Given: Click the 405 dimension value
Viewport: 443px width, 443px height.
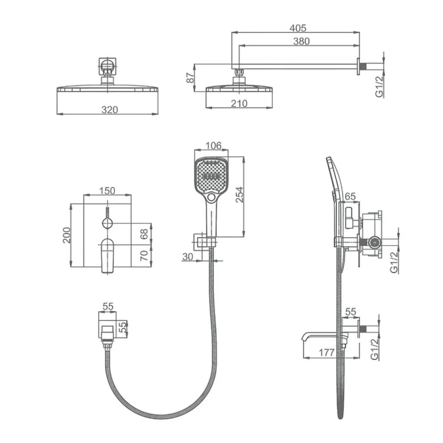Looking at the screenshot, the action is pyautogui.click(x=298, y=28).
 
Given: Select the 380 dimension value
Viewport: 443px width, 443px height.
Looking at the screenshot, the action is pyautogui.click(x=301, y=41).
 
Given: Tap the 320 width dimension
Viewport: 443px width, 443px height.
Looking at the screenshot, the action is pyautogui.click(x=109, y=110).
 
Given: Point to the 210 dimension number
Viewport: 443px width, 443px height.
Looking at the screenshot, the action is pyautogui.click(x=239, y=103).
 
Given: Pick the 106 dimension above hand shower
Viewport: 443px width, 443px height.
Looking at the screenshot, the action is pyautogui.click(x=213, y=146).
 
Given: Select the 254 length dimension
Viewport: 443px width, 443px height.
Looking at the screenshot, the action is pyautogui.click(x=239, y=195).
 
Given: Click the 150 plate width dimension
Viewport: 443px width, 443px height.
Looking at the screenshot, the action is pyautogui.click(x=107, y=191).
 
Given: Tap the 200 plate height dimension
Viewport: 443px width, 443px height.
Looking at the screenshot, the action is pyautogui.click(x=67, y=235).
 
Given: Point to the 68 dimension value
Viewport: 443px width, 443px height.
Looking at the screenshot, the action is pyautogui.click(x=144, y=234).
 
